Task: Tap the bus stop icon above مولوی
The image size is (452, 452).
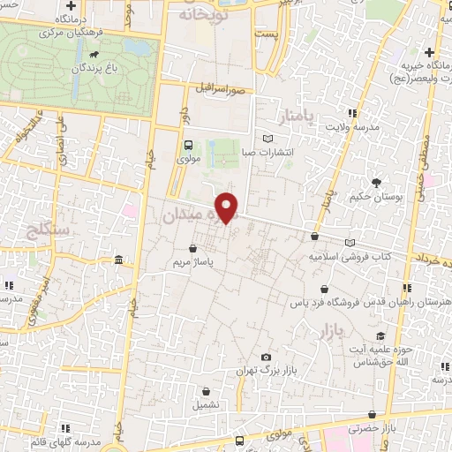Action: click(188, 147)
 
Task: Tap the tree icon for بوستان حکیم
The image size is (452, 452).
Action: click(377, 184)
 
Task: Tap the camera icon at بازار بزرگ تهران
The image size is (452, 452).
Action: click(266, 357)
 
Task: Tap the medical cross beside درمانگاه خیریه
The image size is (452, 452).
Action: click(429, 52)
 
